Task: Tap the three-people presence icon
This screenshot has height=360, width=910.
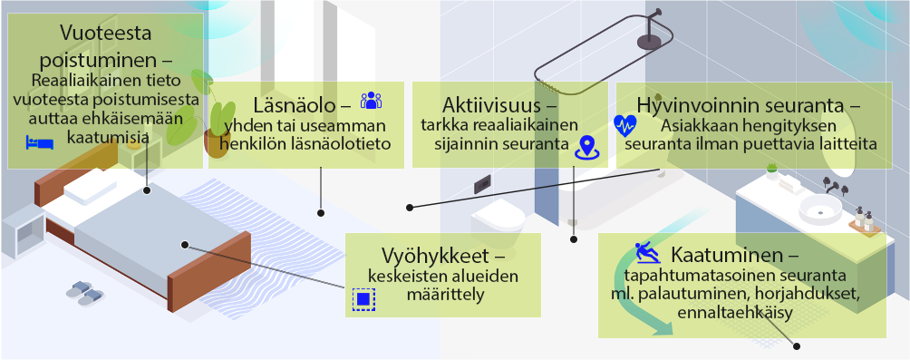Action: pyautogui.click(x=372, y=101)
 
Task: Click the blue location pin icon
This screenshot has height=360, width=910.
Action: pyautogui.click(x=586, y=146)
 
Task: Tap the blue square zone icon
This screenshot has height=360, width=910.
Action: pyautogui.click(x=363, y=298)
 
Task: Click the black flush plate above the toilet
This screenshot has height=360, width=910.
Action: pyautogui.click(x=482, y=181)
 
